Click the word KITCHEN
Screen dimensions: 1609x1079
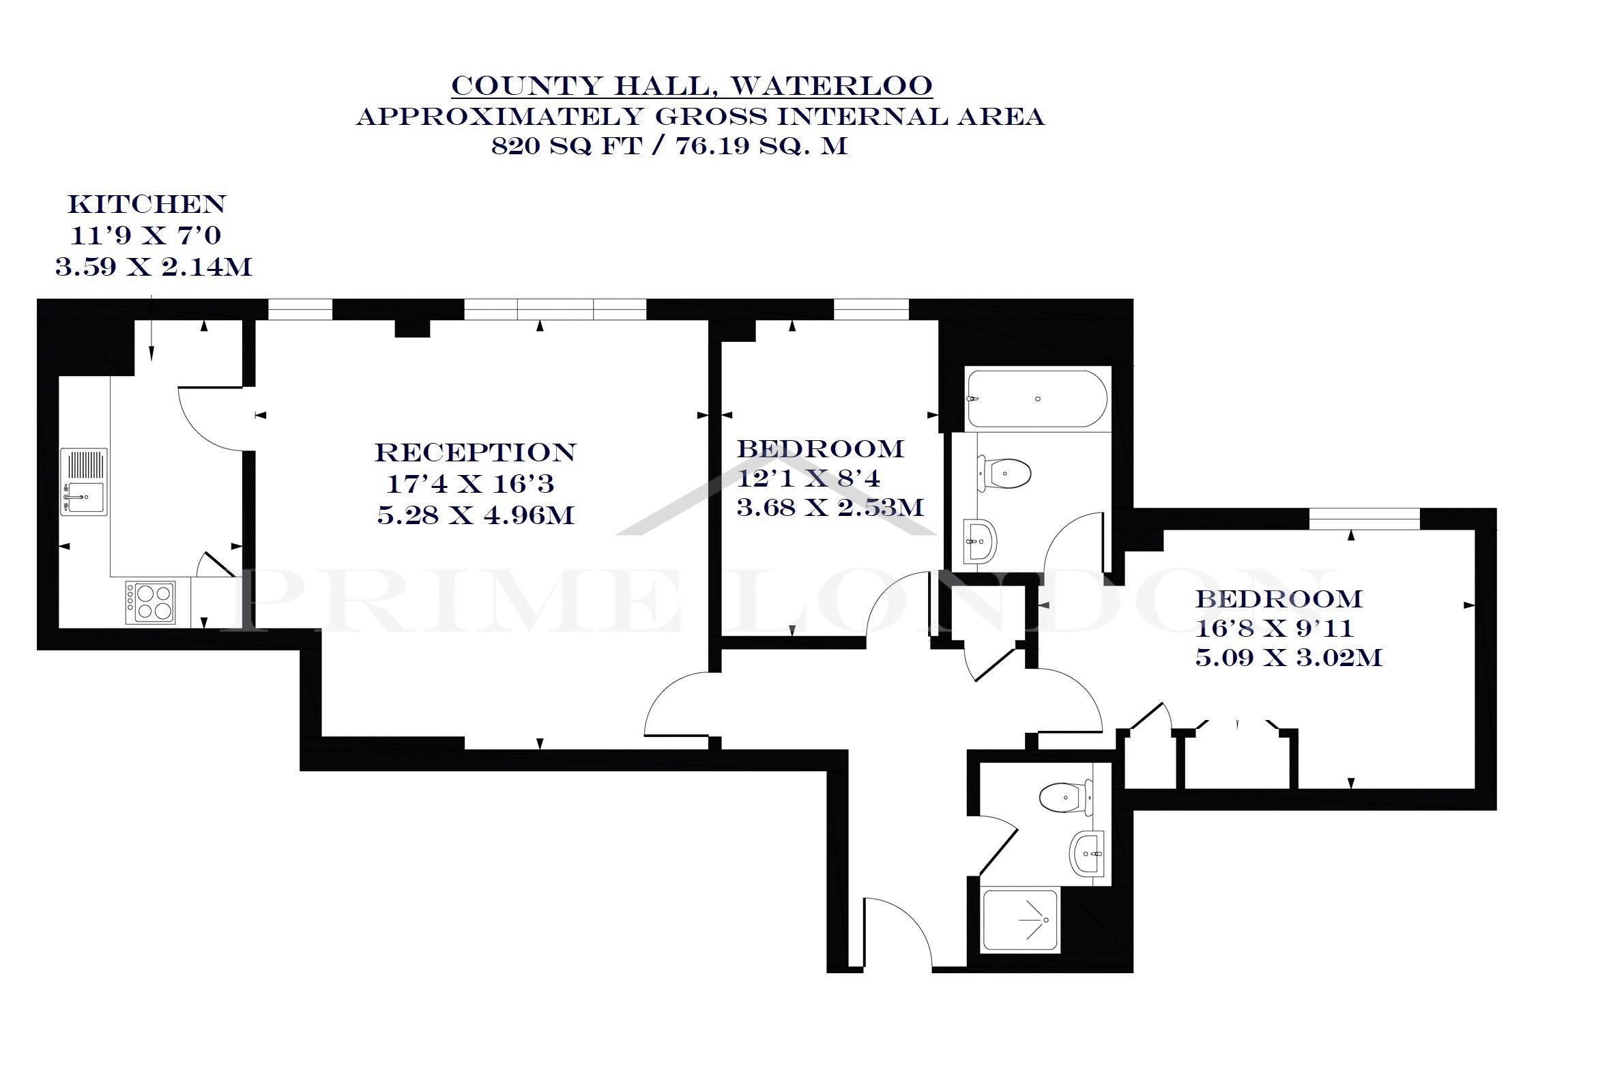point(147,204)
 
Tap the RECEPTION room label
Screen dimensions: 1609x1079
point(476,452)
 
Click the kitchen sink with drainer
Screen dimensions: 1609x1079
point(84,482)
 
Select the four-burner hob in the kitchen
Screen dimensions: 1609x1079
point(150,603)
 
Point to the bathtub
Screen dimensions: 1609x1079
point(1037,399)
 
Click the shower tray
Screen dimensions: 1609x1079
point(1021,920)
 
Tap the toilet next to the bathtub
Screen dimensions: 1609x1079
point(1004,474)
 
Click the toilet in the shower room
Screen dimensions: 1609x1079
point(1066,799)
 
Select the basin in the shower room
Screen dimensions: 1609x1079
point(1087,853)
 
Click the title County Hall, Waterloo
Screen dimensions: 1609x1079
point(692,86)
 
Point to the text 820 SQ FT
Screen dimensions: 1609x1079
point(566,146)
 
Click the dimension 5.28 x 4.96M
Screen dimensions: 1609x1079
point(476,515)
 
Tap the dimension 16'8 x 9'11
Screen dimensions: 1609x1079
point(1275,629)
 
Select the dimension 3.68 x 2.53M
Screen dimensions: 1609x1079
point(830,508)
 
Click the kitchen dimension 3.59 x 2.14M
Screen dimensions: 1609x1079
point(154,267)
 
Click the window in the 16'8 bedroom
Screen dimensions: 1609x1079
point(1364,518)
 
